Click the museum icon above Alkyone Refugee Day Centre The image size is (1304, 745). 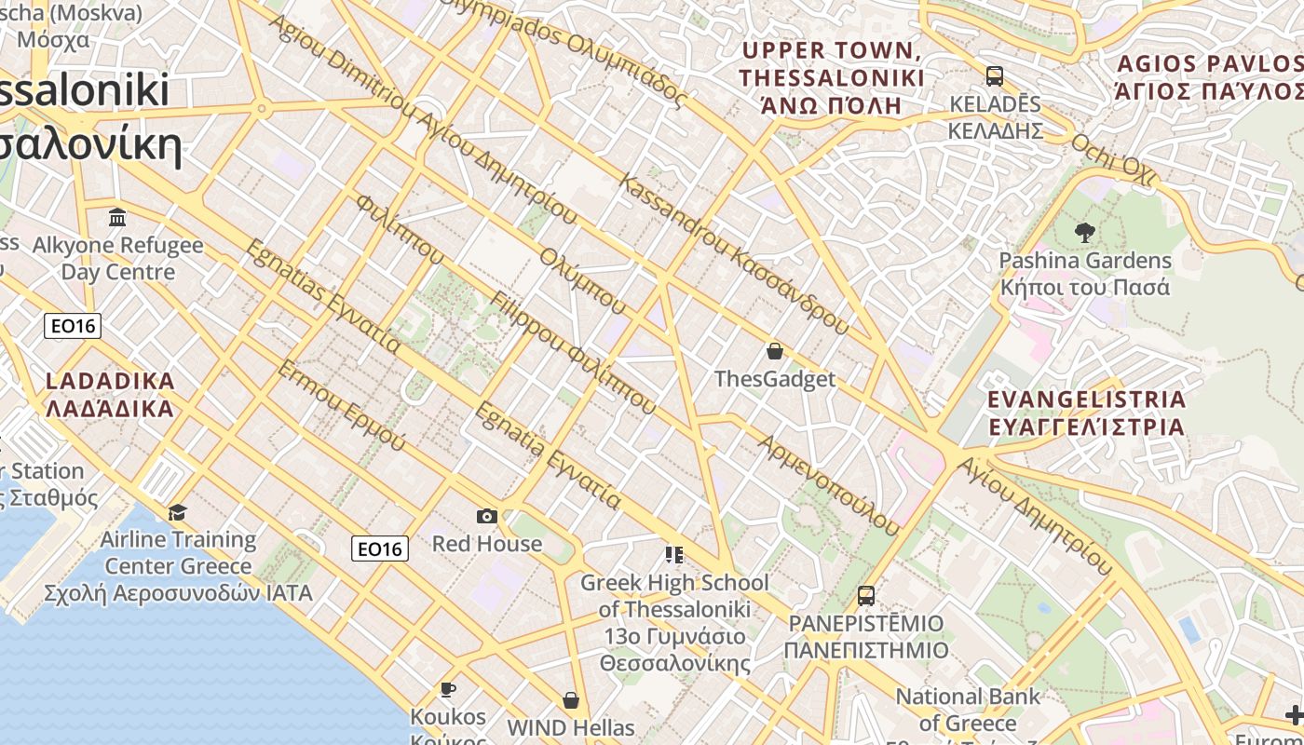click(x=117, y=218)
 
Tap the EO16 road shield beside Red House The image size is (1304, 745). click(x=380, y=549)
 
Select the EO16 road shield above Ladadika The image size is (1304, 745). click(x=72, y=326)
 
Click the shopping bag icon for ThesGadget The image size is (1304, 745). click(x=774, y=351)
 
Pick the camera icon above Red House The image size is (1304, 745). click(x=486, y=516)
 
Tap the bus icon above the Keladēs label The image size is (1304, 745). click(x=994, y=76)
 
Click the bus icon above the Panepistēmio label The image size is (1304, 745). click(x=865, y=595)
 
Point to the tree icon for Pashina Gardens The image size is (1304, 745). click(x=1084, y=232)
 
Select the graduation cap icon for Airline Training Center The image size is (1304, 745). click(x=177, y=512)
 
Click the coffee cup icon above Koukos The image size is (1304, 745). click(x=448, y=689)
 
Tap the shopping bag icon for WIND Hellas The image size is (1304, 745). click(x=571, y=699)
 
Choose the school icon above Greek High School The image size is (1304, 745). click(x=674, y=555)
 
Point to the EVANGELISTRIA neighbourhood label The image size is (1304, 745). click(x=1086, y=413)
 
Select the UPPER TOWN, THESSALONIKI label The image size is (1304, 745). click(x=832, y=77)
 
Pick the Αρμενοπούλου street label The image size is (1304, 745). click(x=830, y=486)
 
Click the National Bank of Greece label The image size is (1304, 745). click(x=968, y=710)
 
